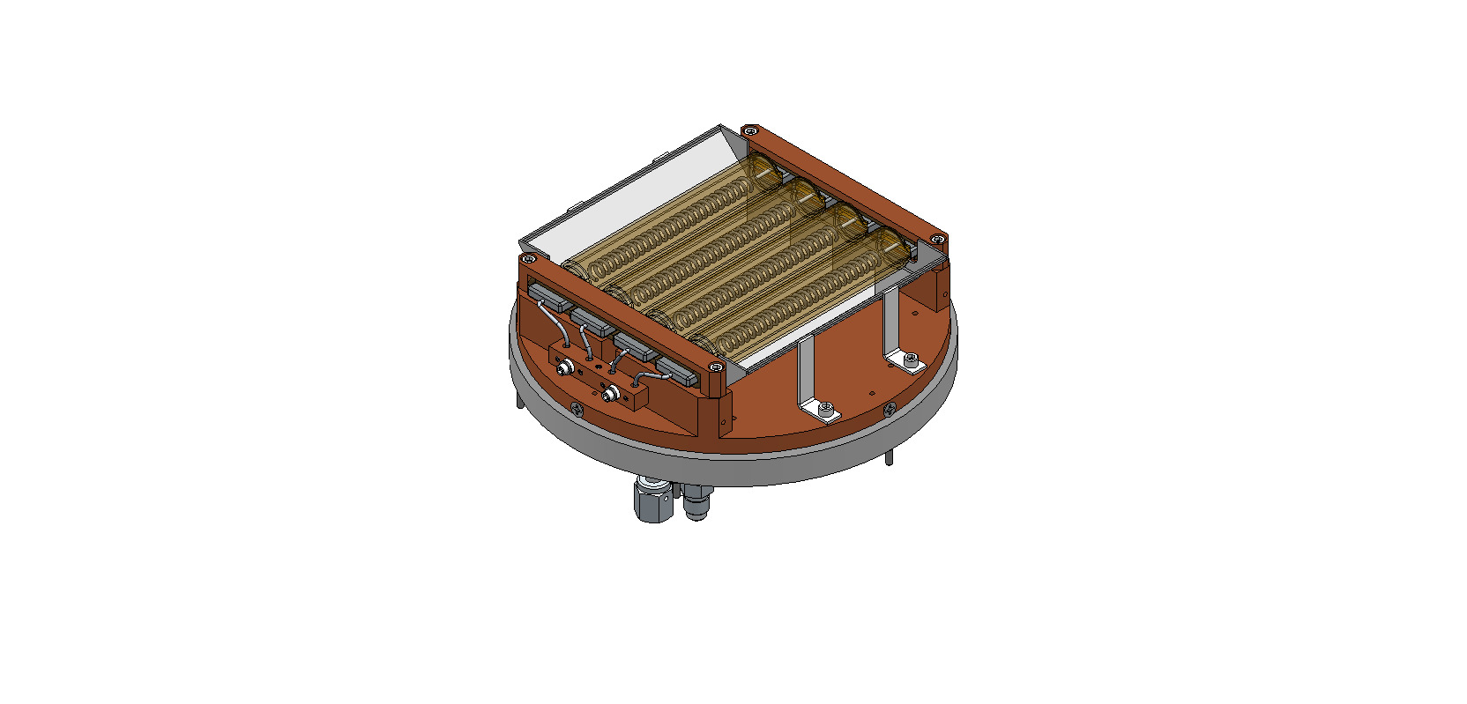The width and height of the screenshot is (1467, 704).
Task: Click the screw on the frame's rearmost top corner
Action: [x=750, y=131]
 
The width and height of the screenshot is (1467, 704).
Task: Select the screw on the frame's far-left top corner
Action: [x=528, y=260]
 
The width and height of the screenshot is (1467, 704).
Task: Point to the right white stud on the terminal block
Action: [x=608, y=395]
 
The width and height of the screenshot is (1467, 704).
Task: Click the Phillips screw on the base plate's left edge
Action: [x=577, y=408]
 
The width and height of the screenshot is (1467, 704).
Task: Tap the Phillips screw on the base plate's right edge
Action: [x=890, y=409]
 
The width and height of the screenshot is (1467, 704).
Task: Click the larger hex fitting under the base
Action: [x=652, y=500]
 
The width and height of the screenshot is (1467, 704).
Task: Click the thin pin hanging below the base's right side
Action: [x=889, y=457]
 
